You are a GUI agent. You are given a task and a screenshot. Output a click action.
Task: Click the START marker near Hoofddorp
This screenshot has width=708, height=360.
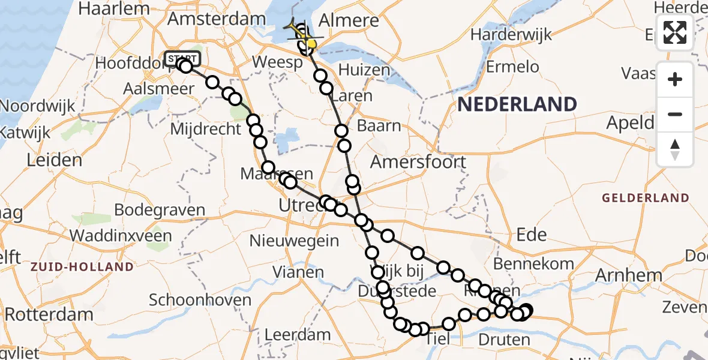pyautogui.click(x=179, y=58)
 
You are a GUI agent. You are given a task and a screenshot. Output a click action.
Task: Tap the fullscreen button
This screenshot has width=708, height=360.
pyautogui.click(x=675, y=32)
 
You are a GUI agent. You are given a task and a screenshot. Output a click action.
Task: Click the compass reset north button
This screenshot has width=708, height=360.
pyautogui.click(x=675, y=149)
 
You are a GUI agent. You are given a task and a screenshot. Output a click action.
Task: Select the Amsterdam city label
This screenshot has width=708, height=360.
pyautogui.click(x=216, y=18)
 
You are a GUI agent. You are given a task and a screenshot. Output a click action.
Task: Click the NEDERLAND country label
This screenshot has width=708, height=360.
pyautogui.click(x=517, y=104)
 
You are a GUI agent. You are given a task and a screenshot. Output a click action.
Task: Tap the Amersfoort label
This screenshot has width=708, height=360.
pyautogui.click(x=418, y=161)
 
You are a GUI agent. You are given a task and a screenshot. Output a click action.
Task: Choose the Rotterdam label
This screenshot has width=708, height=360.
pyautogui.click(x=49, y=314)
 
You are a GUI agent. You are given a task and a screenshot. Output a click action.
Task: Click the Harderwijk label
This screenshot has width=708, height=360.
pyautogui.click(x=511, y=35)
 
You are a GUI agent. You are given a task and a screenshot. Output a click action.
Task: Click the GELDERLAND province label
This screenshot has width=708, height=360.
pyautogui.click(x=646, y=197)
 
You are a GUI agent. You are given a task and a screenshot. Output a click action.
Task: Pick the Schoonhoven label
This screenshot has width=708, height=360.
pyautogui.click(x=200, y=299)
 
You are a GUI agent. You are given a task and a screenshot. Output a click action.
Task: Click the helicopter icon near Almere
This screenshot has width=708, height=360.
pyautogui.click(x=297, y=31)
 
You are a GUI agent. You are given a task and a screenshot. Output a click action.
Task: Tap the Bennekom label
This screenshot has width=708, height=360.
pyautogui.click(x=534, y=263)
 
